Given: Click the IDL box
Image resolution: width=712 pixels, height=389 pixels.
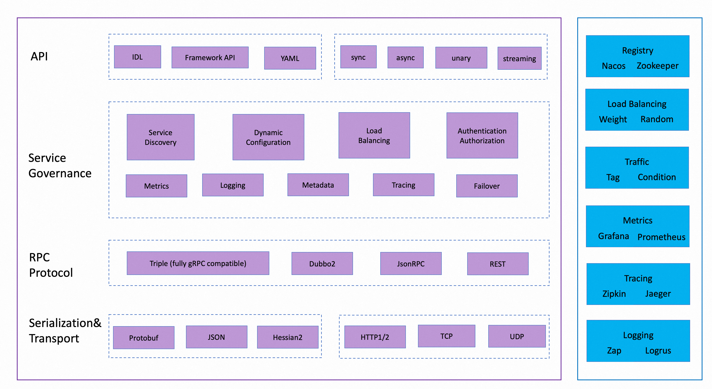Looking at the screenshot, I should pyautogui.click(x=137, y=57).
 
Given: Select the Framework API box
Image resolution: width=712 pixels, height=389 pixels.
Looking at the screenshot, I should pyautogui.click(x=210, y=58).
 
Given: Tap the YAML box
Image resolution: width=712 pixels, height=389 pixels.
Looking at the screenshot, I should pyautogui.click(x=290, y=58).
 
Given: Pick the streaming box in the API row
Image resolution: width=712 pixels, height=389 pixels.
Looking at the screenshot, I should pyautogui.click(x=519, y=58).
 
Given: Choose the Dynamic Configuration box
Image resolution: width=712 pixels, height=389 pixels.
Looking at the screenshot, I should pyautogui.click(x=268, y=137).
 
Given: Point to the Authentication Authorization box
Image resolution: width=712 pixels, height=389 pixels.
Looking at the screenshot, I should pyautogui.click(x=482, y=136).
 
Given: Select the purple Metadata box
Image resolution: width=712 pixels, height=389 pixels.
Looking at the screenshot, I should pyautogui.click(x=318, y=185).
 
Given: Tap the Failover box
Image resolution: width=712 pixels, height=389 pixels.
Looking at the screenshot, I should pyautogui.click(x=487, y=186).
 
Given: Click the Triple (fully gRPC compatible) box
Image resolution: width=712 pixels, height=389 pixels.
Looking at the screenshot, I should pyautogui.click(x=198, y=263).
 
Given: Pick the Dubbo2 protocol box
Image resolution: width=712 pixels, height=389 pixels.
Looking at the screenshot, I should pyautogui.click(x=322, y=263).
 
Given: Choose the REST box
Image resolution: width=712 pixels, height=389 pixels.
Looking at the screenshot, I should pyautogui.click(x=497, y=264).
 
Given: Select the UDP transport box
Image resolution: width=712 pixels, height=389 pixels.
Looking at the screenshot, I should pyautogui.click(x=517, y=336).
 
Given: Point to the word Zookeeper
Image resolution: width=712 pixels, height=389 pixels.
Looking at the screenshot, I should pyautogui.click(x=657, y=66).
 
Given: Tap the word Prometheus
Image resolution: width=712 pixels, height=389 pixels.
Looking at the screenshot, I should pyautogui.click(x=661, y=237).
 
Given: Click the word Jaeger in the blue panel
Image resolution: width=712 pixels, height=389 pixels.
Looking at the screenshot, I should pyautogui.click(x=658, y=294).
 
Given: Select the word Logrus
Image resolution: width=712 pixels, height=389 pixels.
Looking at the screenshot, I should pyautogui.click(x=658, y=351).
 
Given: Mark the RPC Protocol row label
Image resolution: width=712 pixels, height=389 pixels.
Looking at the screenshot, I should pyautogui.click(x=51, y=265).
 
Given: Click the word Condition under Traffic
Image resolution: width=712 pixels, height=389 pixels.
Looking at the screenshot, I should pyautogui.click(x=657, y=177).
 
